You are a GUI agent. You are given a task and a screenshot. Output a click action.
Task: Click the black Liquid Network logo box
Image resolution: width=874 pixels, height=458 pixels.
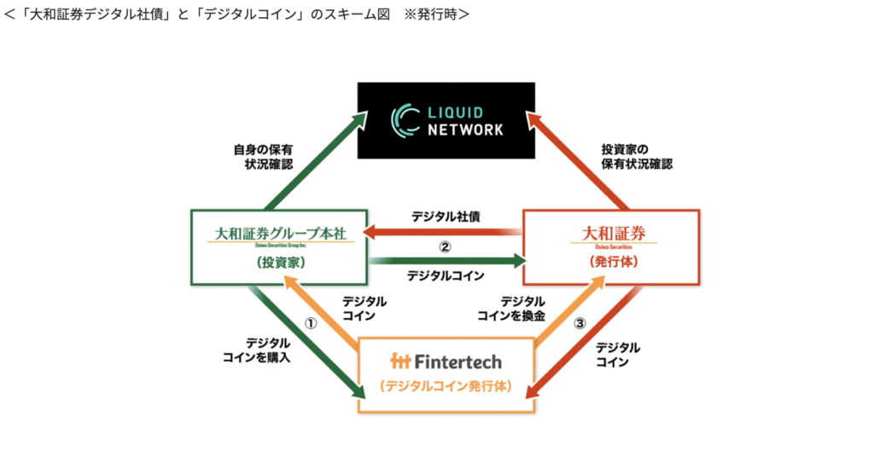pos(446,119)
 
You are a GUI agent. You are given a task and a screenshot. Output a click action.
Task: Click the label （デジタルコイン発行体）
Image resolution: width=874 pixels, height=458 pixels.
pos(446,386)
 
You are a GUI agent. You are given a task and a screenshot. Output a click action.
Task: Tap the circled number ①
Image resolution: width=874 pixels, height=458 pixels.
pos(312,324)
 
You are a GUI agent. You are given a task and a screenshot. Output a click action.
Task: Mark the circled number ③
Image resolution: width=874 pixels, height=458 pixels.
pos(580,324)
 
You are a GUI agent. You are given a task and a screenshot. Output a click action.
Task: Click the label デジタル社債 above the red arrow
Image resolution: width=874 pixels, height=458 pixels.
pos(446,217)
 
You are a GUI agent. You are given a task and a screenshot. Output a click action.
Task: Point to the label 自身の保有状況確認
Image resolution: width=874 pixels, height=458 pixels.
pos(262,156)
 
